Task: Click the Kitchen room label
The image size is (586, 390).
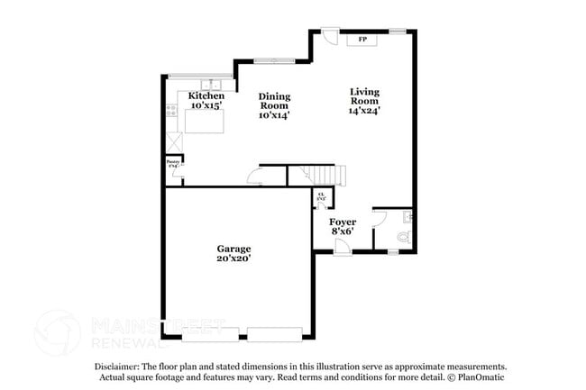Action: (206, 95)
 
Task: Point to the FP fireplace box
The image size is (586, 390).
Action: (362, 40)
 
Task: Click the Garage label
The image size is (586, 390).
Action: (233, 248)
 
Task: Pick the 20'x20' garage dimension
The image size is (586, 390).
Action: (233, 258)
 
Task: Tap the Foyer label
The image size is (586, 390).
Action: (342, 221)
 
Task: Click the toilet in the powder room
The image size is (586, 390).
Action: (403, 237)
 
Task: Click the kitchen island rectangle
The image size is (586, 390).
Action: (205, 121)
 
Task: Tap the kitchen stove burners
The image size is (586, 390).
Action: (172, 112)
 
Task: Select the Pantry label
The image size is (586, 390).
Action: (172, 163)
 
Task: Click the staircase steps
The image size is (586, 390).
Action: (316, 175)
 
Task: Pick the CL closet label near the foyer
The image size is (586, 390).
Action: (320, 195)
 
